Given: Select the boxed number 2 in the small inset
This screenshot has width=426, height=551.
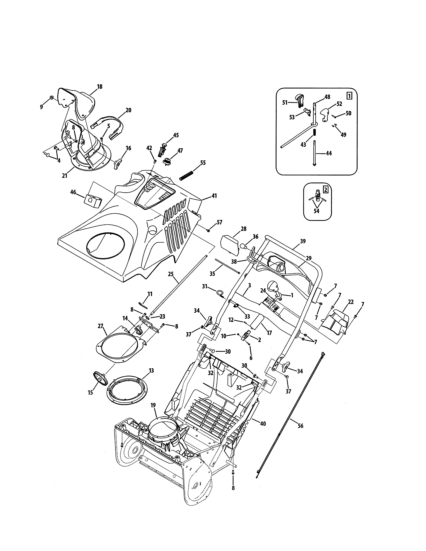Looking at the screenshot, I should pyautogui.click(x=326, y=190).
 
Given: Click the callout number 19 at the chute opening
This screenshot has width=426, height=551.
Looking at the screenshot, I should pyautogui.click(x=153, y=405).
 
